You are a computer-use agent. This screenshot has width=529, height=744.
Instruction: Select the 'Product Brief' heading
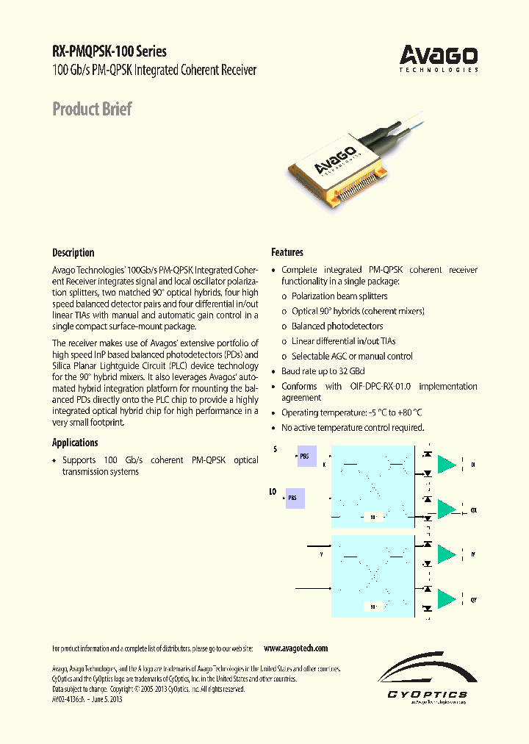pyautogui.click(x=92, y=110)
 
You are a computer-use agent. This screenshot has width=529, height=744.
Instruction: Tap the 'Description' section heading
pyautogui.click(x=73, y=252)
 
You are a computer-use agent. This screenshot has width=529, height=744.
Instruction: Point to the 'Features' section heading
pyautogui.click(x=287, y=252)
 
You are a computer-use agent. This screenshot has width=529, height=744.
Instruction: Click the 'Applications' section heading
pyautogui.click(x=75, y=443)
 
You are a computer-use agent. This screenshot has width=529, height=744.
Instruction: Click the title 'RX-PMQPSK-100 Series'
pyautogui.click(x=109, y=51)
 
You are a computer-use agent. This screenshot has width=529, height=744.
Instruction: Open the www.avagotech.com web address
pyautogui.click(x=295, y=648)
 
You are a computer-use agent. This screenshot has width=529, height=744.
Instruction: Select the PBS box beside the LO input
pyautogui.click(x=295, y=498)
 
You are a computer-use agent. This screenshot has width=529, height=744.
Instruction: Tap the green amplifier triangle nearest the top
pyautogui.click(x=446, y=464)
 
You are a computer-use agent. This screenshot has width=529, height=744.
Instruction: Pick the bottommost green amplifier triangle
pyautogui.click(x=446, y=599)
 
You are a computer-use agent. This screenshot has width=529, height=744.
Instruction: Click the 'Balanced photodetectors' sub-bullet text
pyautogui.click(x=337, y=326)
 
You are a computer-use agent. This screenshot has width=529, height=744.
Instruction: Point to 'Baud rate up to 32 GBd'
pyautogui.click(x=323, y=371)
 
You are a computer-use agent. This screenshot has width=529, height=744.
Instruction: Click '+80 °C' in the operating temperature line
pyautogui.click(x=407, y=413)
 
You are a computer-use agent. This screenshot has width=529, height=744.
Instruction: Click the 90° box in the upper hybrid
pyautogui.click(x=375, y=517)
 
